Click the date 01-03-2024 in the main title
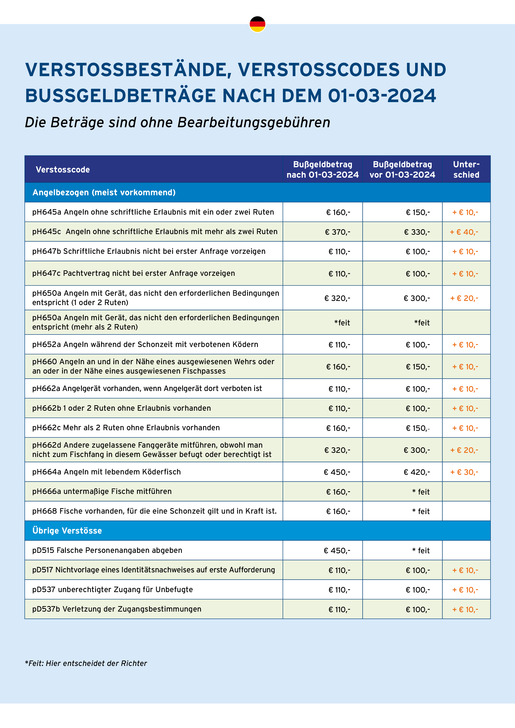(382, 96)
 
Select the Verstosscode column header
(63, 170)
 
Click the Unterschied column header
(466, 169)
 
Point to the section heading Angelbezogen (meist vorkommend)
(104, 192)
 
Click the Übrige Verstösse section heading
(67, 530)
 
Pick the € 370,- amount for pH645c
(338, 232)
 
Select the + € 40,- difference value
(464, 232)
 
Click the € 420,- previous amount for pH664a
(417, 472)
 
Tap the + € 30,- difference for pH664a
(464, 472)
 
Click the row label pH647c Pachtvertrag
(134, 273)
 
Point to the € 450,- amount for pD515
(337, 550)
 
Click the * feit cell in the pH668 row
(421, 511)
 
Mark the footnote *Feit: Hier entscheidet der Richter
(86, 663)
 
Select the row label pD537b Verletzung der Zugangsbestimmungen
(117, 609)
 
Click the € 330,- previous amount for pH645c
(417, 232)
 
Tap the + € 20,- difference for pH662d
(464, 450)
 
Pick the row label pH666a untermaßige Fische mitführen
(102, 491)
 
